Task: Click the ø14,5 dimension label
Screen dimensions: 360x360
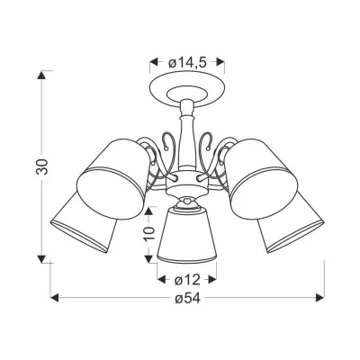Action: point(187,62)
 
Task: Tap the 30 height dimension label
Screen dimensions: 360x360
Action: point(42,166)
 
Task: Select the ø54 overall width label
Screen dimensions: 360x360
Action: point(188,298)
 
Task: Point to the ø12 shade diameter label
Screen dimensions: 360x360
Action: point(187,280)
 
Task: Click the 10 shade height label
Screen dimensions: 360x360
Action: point(149,233)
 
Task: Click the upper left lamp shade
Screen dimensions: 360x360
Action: point(113,177)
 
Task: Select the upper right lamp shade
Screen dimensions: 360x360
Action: point(261,178)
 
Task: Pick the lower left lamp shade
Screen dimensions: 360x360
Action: point(83,223)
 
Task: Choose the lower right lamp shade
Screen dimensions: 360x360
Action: point(291,223)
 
